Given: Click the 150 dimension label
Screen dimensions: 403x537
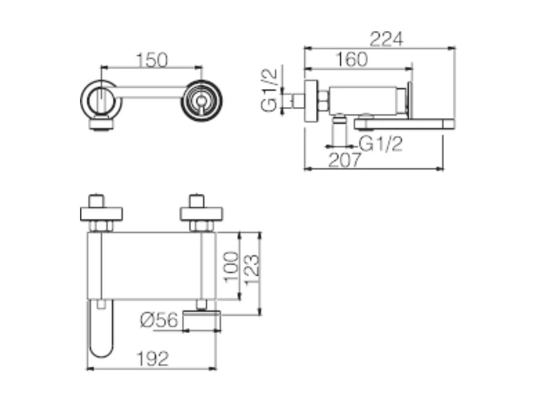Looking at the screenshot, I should (x=152, y=60).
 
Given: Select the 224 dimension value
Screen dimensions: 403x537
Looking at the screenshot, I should (x=386, y=39).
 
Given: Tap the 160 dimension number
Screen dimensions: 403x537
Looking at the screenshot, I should (x=352, y=59).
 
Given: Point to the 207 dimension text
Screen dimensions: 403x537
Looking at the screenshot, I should (x=344, y=160).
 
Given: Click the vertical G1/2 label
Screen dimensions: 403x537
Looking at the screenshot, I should (x=269, y=90).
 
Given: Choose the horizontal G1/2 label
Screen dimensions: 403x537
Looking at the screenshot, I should (x=381, y=144).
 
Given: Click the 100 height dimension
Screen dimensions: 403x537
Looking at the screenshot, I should (x=231, y=267).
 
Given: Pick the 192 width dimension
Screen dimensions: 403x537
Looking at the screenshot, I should (x=153, y=359).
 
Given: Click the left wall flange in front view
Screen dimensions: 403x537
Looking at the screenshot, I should (x=101, y=214).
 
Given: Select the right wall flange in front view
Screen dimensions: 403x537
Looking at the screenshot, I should (x=201, y=214).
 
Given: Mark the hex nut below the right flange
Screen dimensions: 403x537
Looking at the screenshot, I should (x=202, y=226).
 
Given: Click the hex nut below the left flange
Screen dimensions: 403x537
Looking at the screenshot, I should (x=101, y=226).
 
